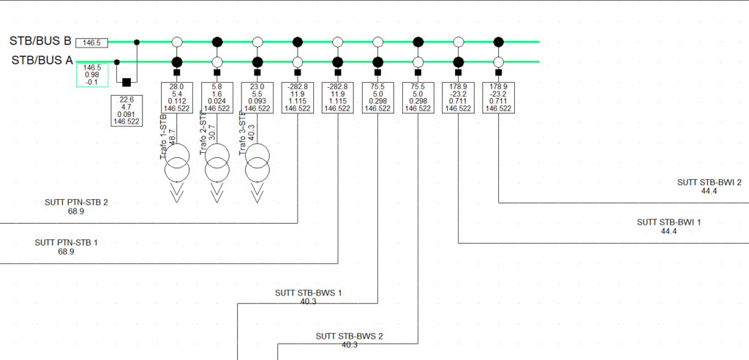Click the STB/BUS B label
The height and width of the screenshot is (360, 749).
tap(39, 41)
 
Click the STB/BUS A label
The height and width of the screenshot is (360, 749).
tap(39, 61)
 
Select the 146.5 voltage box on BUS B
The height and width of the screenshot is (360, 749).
tap(91, 43)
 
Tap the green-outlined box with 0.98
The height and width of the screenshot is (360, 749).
tap(92, 75)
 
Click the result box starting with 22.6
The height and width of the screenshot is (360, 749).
tap(126, 110)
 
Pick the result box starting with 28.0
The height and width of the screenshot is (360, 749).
tap(176, 97)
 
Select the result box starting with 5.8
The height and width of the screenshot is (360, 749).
tap(217, 97)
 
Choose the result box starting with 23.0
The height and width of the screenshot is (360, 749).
tap(257, 97)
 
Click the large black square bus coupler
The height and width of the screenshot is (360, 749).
tap(126, 82)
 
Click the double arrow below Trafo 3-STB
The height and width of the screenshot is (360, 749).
tap(257, 195)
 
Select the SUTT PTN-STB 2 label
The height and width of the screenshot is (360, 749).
tap(76, 202)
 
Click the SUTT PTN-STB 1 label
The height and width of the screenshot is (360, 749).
tap(66, 242)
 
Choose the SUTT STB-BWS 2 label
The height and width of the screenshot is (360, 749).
tap(349, 337)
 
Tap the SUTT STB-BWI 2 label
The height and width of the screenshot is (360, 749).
tap(709, 182)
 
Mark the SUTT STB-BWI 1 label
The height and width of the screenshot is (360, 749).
tap(669, 222)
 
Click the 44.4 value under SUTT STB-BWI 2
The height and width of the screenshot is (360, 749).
tap(709, 191)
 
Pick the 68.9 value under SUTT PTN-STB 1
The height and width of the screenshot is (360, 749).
tap(66, 252)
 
